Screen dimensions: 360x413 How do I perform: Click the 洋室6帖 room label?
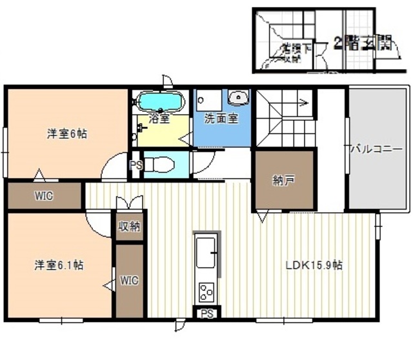[67, 134]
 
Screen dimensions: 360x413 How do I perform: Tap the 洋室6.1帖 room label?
[58, 265]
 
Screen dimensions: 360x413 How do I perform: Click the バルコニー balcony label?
[376, 149]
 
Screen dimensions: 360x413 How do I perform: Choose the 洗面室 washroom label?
[221, 119]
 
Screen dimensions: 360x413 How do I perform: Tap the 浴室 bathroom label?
[159, 119]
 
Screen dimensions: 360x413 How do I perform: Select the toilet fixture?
[159, 165]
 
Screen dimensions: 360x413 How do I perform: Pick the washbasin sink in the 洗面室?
[239, 98]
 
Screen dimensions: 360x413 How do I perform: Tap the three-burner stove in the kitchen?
[206, 292]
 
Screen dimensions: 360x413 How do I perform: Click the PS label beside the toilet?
[136, 165]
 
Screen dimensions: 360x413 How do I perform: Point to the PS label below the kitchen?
[207, 314]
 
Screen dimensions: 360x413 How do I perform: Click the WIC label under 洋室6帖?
[44, 195]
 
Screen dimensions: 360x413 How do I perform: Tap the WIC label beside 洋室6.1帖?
[130, 281]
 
